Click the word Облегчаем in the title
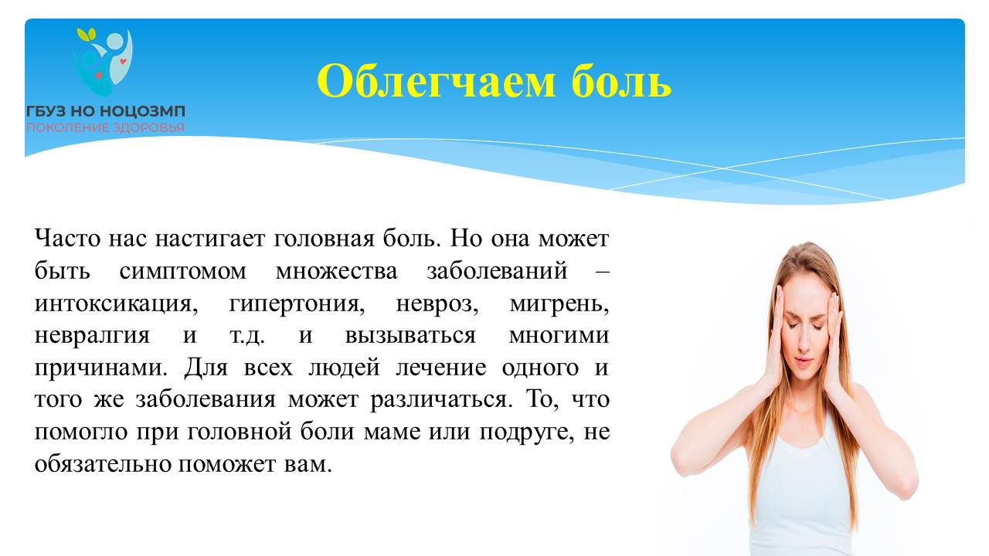point(436,81)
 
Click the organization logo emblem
point(104,62)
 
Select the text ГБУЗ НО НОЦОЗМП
point(106,111)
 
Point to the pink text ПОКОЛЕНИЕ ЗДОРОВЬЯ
point(106,128)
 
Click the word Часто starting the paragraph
point(67,239)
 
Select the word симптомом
point(183,271)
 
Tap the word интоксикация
point(116,304)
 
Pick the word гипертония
point(297,304)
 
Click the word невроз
point(437,304)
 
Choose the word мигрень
point(559,304)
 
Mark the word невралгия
point(92,336)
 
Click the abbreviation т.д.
point(246,336)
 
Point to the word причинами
point(101,368)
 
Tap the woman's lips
point(804,363)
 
